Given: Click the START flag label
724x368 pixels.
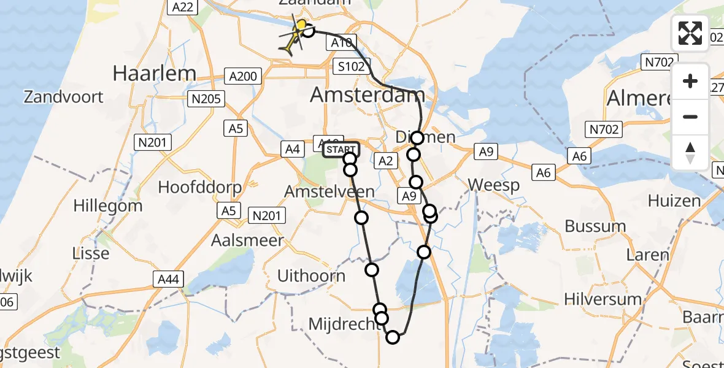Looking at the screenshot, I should click(341, 149).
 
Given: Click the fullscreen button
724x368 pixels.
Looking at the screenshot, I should click(690, 33).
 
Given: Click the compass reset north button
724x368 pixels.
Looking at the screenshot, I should click(690, 153).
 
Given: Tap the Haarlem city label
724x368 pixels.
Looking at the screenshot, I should click(154, 74).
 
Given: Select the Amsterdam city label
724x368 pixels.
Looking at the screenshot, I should click(368, 94).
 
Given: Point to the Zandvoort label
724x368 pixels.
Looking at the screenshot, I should click(64, 96).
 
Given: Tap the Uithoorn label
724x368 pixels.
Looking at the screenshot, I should click(311, 276).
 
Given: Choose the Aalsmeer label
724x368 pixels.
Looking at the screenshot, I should click(247, 240).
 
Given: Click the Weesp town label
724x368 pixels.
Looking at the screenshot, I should click(493, 185).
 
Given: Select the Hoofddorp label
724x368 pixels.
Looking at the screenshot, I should click(200, 187).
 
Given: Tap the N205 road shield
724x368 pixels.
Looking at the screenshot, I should click(207, 99).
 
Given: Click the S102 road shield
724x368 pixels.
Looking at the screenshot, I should click(351, 67).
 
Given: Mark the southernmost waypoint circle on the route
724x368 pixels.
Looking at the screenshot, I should click(393, 336).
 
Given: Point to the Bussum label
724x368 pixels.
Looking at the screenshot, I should click(595, 226).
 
